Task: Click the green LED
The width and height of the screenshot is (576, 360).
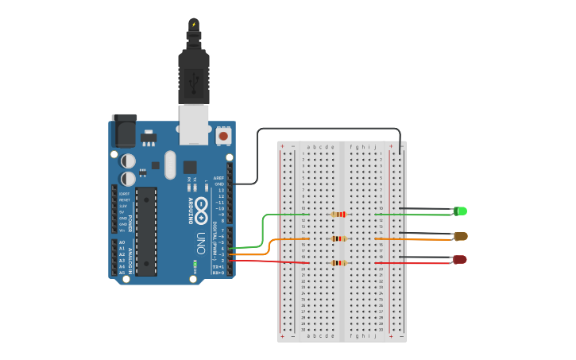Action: (460, 211)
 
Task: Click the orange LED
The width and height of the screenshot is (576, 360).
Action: (460, 236)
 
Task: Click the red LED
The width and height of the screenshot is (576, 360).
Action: (460, 260)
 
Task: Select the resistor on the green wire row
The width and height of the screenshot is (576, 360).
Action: (340, 214)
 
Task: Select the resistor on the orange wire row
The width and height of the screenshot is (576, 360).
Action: (340, 238)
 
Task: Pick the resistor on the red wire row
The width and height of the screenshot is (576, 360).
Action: (340, 263)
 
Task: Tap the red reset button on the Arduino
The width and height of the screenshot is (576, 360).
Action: (223, 137)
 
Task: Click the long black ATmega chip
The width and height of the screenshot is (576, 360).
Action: (145, 231)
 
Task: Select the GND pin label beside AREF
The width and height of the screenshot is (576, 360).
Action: (219, 184)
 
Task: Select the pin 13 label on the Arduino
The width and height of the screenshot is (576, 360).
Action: (221, 191)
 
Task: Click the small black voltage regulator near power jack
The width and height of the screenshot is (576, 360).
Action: (148, 138)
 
